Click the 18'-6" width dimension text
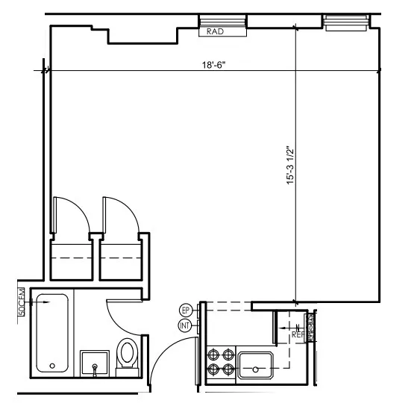pyautogui.click(x=213, y=65)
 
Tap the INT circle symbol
pyautogui.click(x=186, y=326)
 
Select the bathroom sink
pyautogui.click(x=95, y=363)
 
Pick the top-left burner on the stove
pyautogui.click(x=213, y=354)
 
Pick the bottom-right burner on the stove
pyautogui.click(x=227, y=369)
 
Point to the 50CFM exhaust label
pyautogui.click(x=22, y=302)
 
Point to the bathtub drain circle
pyautogui.click(x=51, y=366)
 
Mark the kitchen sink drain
pyautogui.click(x=256, y=369)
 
